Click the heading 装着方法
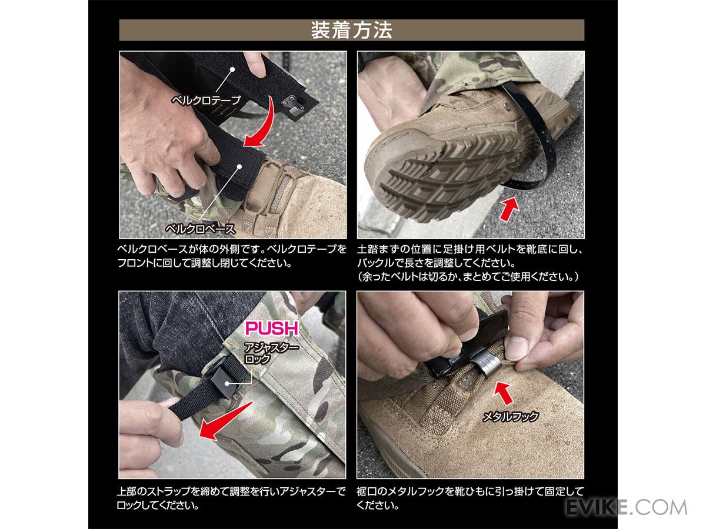tap(352, 30)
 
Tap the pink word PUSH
tap(272, 328)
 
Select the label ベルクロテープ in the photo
tap(206, 100)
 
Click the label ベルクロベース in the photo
tap(201, 229)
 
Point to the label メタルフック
tap(511, 417)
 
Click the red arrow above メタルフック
tap(503, 393)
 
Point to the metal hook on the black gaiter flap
tap(294, 108)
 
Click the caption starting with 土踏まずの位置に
tap(469, 263)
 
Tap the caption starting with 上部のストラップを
tap(231, 498)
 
